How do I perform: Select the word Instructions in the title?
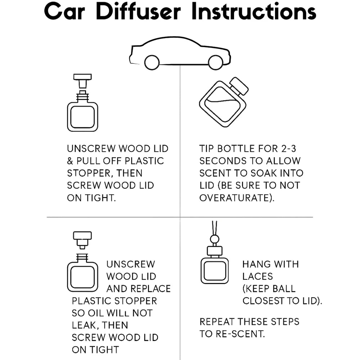[253, 12]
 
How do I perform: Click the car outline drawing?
[180, 53]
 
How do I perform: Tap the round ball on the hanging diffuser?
[215, 239]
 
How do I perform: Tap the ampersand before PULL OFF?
[71, 161]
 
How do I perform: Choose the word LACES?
[258, 276]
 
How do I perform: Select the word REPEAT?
[217, 321]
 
